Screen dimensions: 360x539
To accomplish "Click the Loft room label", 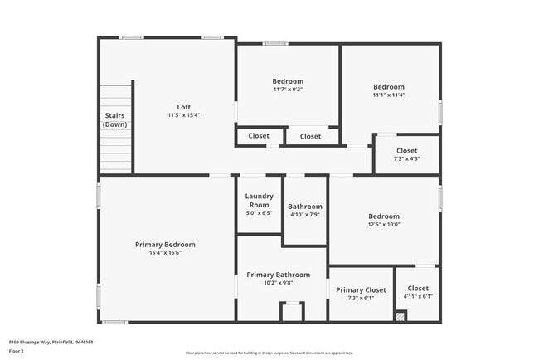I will pos(183,107).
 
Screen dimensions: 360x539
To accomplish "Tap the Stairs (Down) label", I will pos(115,119).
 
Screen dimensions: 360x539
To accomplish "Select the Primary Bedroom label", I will pos(165,245).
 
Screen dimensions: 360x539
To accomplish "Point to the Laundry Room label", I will pos(259,201).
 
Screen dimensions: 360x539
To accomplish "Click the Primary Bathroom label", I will pos(278,275).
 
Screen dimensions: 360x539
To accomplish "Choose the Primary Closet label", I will pos(361,289).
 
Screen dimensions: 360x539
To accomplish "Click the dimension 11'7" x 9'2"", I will pos(288,90).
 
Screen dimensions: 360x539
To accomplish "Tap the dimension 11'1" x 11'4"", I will pos(388,95).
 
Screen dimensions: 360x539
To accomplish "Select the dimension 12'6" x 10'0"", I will pos(383,224).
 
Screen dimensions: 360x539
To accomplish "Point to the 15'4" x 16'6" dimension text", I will pos(165,253).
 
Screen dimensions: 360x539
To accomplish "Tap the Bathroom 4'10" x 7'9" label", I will pos(304,210).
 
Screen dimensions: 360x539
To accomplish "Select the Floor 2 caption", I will pos(17,351).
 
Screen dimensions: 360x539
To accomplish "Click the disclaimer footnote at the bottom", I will pos(269,353).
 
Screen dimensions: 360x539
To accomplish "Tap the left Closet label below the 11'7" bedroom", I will pos(259,136).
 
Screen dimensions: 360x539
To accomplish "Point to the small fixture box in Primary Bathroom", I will pos(291,312).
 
